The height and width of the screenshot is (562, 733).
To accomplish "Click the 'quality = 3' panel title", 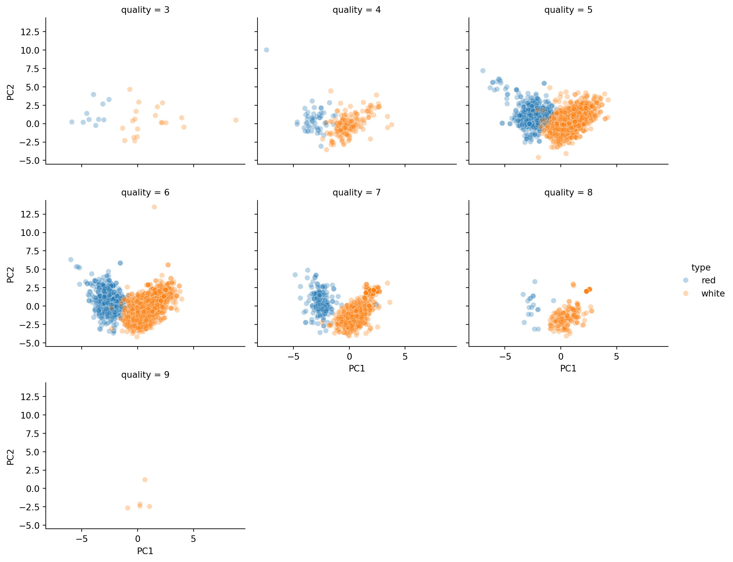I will (x=145, y=10).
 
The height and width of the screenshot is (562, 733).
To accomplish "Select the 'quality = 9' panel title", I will (x=145, y=375).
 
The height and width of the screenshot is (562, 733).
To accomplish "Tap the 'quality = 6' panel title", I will (x=145, y=192).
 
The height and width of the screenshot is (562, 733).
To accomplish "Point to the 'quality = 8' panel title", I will (x=568, y=192).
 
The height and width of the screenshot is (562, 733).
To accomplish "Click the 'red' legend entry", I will (x=708, y=280).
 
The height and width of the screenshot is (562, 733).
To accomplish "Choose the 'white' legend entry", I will (x=713, y=294).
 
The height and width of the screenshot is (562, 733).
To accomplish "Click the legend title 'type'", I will (x=700, y=267).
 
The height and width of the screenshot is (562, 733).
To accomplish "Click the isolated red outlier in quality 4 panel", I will (x=266, y=50).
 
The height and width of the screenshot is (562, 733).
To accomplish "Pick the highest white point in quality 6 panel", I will (x=154, y=207).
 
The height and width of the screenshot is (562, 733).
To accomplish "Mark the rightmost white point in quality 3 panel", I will (x=236, y=120).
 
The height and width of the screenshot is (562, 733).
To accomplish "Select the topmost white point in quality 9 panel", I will (x=145, y=480).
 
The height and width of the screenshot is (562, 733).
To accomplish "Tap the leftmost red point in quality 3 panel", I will (x=72, y=122).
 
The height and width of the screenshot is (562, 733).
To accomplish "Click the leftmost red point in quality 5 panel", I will (x=483, y=71).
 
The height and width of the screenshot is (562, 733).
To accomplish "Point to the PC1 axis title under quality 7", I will (x=357, y=368).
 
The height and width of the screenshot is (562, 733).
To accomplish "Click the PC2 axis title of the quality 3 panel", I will (x=11, y=92).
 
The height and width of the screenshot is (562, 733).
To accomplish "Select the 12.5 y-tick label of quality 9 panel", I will (x=30, y=397).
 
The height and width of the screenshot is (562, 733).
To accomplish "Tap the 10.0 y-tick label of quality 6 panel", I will (x=30, y=233).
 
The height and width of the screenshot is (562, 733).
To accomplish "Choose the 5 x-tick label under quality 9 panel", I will (x=194, y=539).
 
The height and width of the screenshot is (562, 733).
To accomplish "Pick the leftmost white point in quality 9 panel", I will (x=127, y=508).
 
